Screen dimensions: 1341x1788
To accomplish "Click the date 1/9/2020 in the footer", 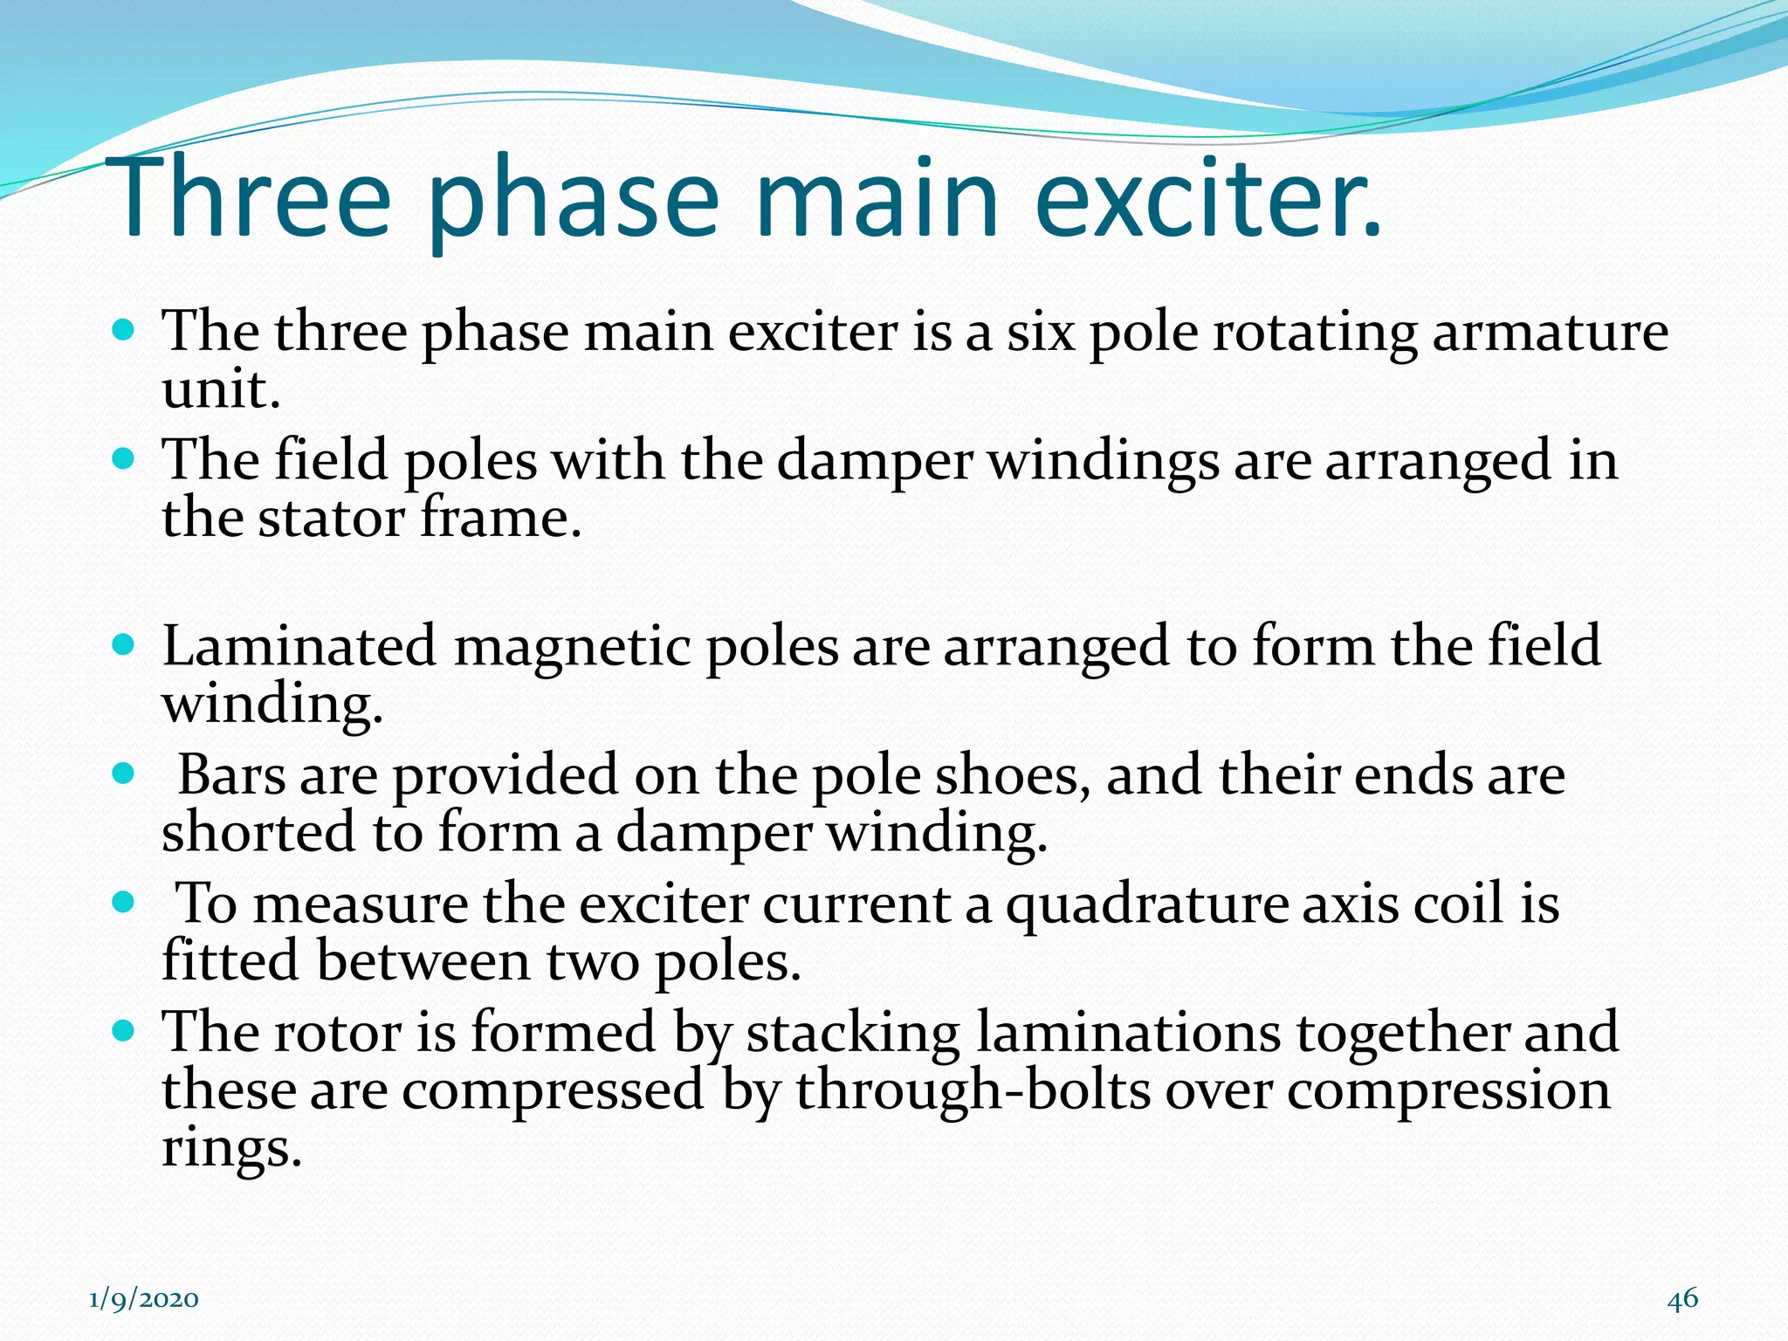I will (x=144, y=1299).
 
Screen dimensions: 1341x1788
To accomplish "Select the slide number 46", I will (x=1682, y=1298).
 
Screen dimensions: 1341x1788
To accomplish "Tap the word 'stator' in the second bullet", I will (x=332, y=519).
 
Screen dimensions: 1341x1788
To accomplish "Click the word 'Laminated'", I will (x=299, y=647).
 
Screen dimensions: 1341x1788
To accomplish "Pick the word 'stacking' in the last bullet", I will (x=852, y=1033).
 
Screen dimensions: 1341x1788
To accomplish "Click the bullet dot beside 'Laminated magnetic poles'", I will (x=124, y=645).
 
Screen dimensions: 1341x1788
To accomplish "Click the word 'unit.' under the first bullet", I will (x=221, y=389).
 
